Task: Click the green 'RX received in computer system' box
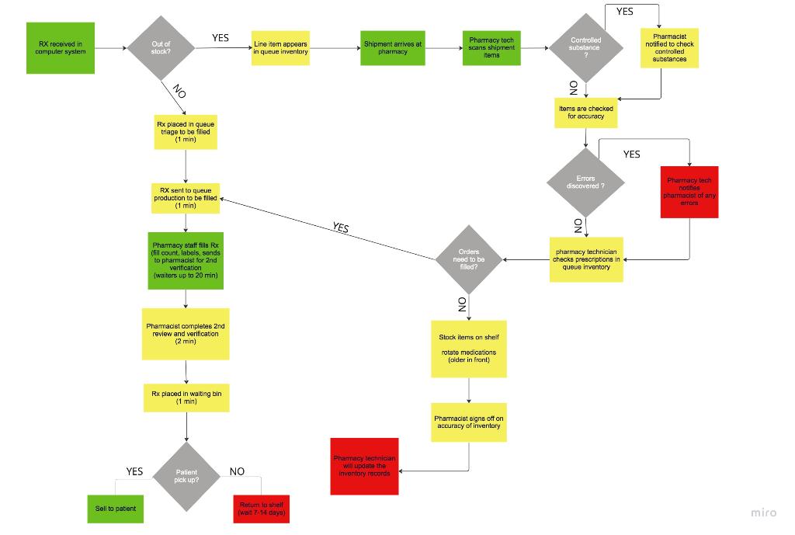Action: click(61, 48)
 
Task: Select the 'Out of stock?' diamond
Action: click(161, 48)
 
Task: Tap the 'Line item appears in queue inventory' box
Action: click(281, 48)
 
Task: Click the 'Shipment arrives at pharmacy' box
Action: click(393, 48)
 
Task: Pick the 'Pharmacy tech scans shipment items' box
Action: click(491, 48)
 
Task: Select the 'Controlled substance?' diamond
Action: click(585, 47)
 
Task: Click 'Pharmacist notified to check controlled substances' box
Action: click(669, 48)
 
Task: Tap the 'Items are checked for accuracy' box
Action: click(585, 113)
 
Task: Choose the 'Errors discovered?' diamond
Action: click(585, 183)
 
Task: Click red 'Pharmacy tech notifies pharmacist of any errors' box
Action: click(689, 192)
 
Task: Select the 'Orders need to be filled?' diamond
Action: click(469, 259)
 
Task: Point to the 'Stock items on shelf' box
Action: click(469, 349)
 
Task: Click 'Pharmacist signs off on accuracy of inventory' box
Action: click(469, 422)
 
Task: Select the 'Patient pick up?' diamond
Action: click(187, 476)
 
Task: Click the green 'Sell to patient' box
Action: click(116, 509)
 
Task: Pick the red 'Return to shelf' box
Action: click(262, 509)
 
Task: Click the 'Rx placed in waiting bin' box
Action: click(186, 398)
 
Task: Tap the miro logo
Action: click(763, 512)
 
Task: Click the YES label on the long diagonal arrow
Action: click(340, 228)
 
